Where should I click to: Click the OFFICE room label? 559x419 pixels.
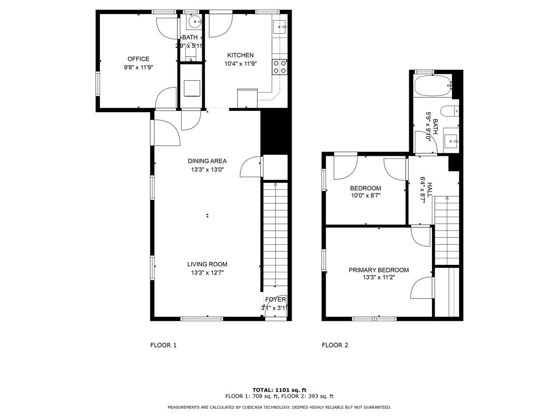138,59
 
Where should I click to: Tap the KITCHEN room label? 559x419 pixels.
240,55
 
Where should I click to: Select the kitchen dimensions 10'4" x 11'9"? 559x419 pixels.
240,64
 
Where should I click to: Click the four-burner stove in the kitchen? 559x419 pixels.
279,67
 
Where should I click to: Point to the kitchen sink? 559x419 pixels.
280,27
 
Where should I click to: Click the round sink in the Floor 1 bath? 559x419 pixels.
194,22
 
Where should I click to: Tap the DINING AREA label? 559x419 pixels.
207,161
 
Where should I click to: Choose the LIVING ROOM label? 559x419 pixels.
207,264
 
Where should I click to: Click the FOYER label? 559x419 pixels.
276,299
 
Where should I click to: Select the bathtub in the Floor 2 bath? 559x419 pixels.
432,86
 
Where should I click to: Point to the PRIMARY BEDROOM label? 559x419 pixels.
379,270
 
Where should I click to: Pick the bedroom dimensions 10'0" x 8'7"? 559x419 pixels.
366,196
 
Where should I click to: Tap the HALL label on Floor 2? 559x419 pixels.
430,189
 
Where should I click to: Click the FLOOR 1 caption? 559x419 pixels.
163,345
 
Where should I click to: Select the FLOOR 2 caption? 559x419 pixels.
335,345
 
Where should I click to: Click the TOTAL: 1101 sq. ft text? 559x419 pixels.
279,390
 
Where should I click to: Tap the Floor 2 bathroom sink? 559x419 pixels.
451,141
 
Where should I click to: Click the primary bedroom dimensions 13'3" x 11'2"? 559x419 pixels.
379,278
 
